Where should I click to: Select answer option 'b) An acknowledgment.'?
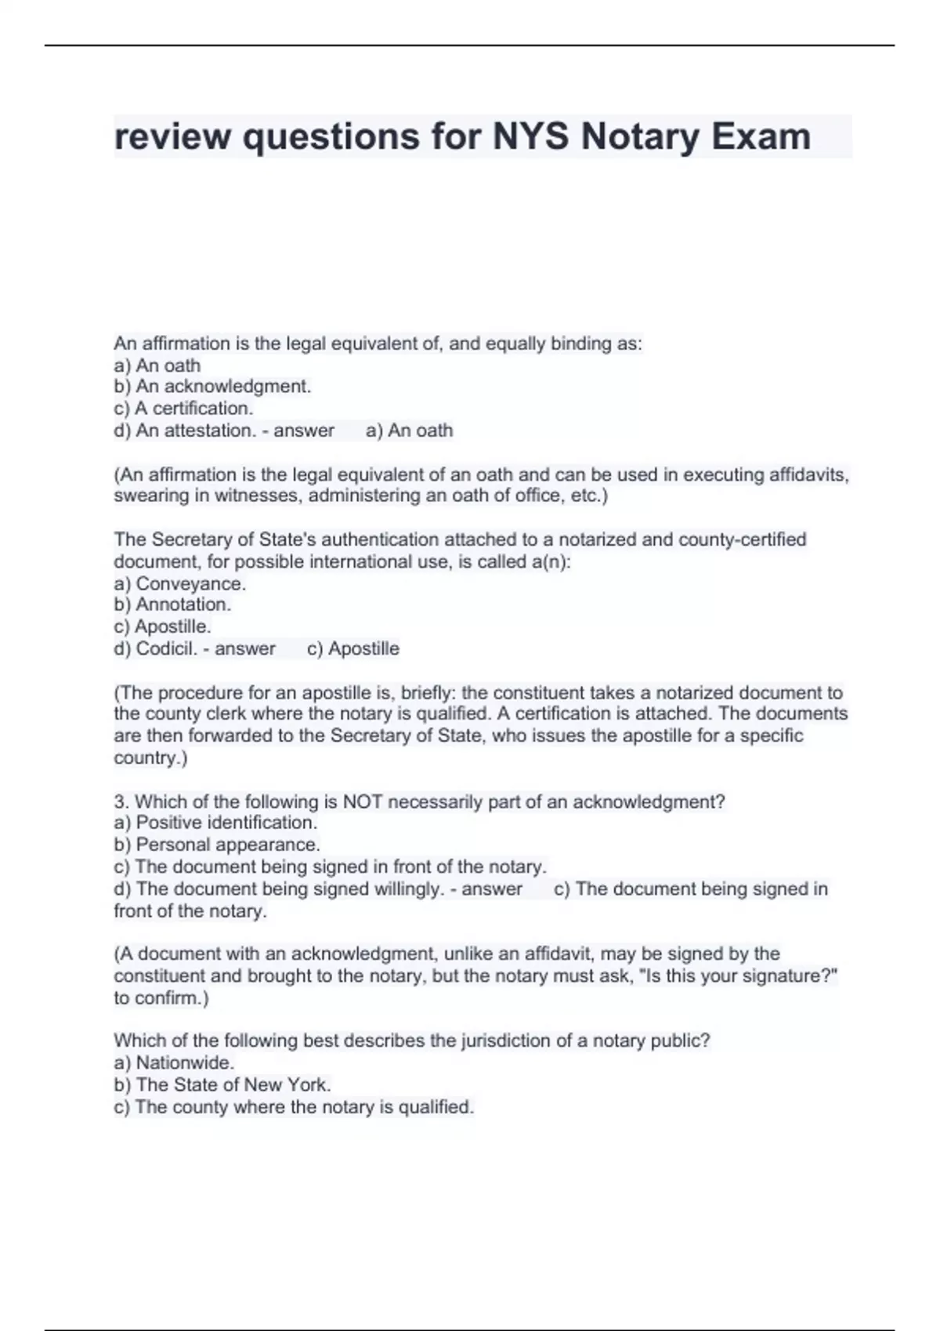(212, 386)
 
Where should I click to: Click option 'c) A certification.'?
(183, 408)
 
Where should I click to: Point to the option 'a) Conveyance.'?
(180, 583)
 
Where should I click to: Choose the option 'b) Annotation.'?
(172, 604)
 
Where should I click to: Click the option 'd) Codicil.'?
(156, 648)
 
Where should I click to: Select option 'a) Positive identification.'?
(215, 822)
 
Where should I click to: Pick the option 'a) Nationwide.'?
(174, 1062)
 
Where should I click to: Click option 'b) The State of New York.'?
(222, 1084)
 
